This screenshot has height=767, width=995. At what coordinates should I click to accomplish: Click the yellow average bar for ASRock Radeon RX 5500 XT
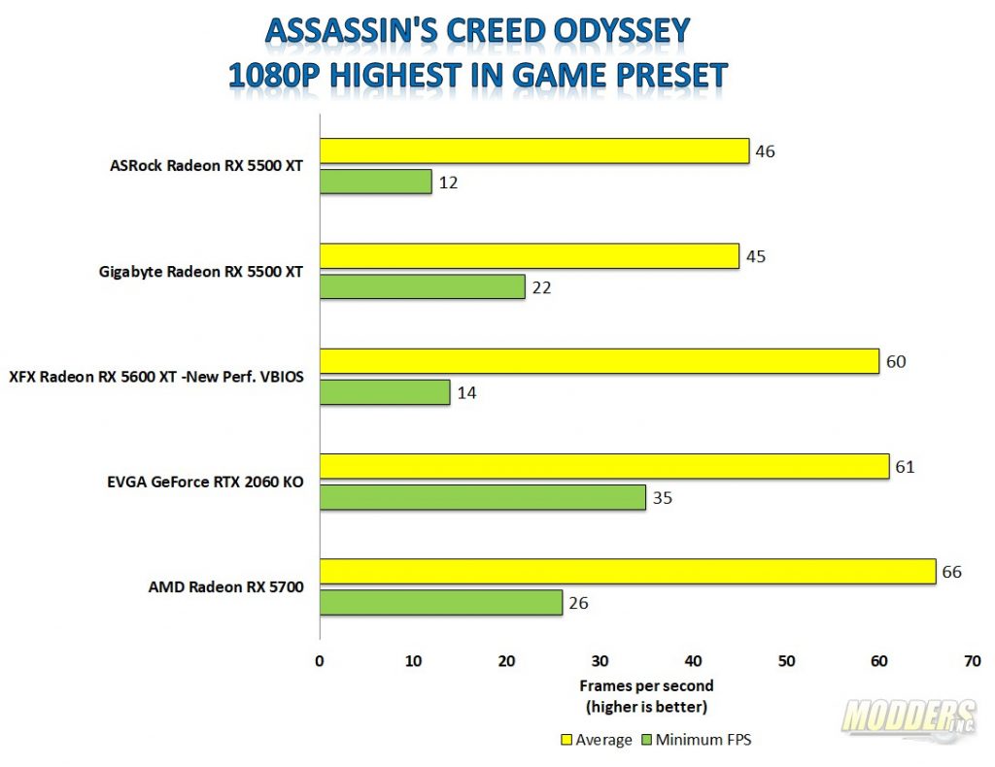click(x=534, y=150)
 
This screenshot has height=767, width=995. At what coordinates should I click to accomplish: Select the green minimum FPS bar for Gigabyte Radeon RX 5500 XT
click(x=422, y=286)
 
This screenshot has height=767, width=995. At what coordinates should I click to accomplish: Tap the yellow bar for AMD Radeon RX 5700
click(x=628, y=571)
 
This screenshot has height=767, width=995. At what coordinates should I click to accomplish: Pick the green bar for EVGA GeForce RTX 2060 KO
click(x=482, y=497)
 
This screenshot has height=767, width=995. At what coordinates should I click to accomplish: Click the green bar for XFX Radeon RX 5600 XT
click(x=385, y=391)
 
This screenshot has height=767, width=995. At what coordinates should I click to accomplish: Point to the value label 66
click(x=952, y=572)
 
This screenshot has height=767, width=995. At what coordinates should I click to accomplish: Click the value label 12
click(x=448, y=183)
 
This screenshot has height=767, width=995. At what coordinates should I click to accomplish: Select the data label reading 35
click(x=662, y=498)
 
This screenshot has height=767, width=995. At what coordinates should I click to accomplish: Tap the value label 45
click(x=756, y=256)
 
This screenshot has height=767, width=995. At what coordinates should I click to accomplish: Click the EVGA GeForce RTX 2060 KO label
click(x=205, y=482)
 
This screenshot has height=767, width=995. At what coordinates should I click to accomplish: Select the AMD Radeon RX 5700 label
click(x=225, y=587)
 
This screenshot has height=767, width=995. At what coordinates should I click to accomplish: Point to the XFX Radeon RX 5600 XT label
click(x=156, y=377)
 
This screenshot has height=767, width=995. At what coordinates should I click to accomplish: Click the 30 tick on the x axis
click(x=600, y=661)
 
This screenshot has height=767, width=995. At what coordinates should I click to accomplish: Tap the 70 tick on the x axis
click(x=972, y=661)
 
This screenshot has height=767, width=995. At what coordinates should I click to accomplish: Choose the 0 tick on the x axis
click(x=319, y=661)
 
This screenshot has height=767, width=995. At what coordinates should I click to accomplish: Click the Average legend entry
click(x=597, y=740)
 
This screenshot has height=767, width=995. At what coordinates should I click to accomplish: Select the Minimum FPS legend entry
click(x=697, y=740)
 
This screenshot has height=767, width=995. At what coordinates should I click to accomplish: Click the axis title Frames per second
click(x=646, y=685)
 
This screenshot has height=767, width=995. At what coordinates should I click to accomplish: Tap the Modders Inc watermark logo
click(x=909, y=717)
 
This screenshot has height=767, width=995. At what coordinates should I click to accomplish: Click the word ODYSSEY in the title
click(x=622, y=30)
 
